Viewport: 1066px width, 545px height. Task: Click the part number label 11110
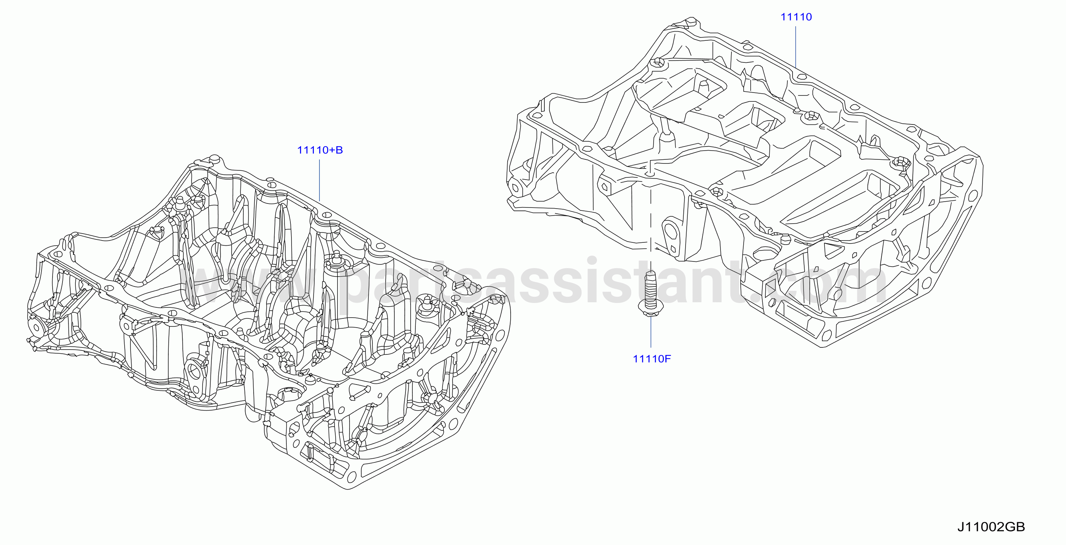point(796,17)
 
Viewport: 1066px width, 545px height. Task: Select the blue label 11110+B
point(320,150)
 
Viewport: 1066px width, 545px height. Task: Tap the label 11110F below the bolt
point(652,358)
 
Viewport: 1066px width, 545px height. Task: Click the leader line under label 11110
point(796,46)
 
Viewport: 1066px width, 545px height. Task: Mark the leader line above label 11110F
point(651,333)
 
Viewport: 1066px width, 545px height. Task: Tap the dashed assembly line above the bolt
point(651,223)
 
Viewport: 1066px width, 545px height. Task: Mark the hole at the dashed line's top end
point(651,174)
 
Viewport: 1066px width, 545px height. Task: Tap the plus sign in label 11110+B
point(330,151)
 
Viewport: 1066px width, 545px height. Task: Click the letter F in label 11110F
point(668,358)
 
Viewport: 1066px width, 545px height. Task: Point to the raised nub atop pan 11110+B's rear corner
point(214,159)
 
